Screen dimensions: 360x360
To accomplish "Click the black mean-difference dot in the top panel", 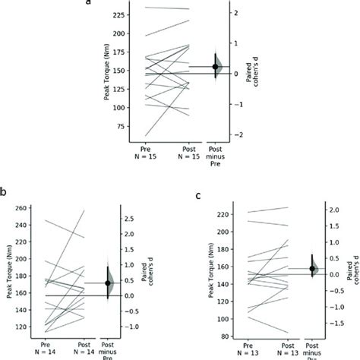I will click(215, 67).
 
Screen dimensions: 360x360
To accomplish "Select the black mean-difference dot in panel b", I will click(108, 283).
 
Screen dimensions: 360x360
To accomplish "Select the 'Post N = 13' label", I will click(286, 349).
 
